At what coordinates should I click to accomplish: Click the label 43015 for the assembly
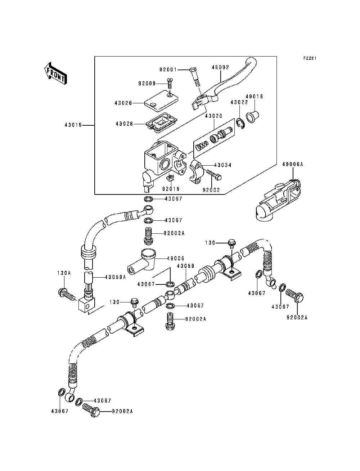click(73, 125)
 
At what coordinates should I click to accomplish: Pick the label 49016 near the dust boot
click(255, 97)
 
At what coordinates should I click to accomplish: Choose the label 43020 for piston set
click(214, 116)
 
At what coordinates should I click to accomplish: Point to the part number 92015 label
click(171, 189)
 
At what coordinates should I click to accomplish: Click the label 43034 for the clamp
click(223, 165)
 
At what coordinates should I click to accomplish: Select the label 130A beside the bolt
click(63, 273)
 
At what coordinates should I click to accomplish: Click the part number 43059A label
click(115, 277)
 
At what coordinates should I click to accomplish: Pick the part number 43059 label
click(185, 266)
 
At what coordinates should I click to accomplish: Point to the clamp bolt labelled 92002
click(217, 177)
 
